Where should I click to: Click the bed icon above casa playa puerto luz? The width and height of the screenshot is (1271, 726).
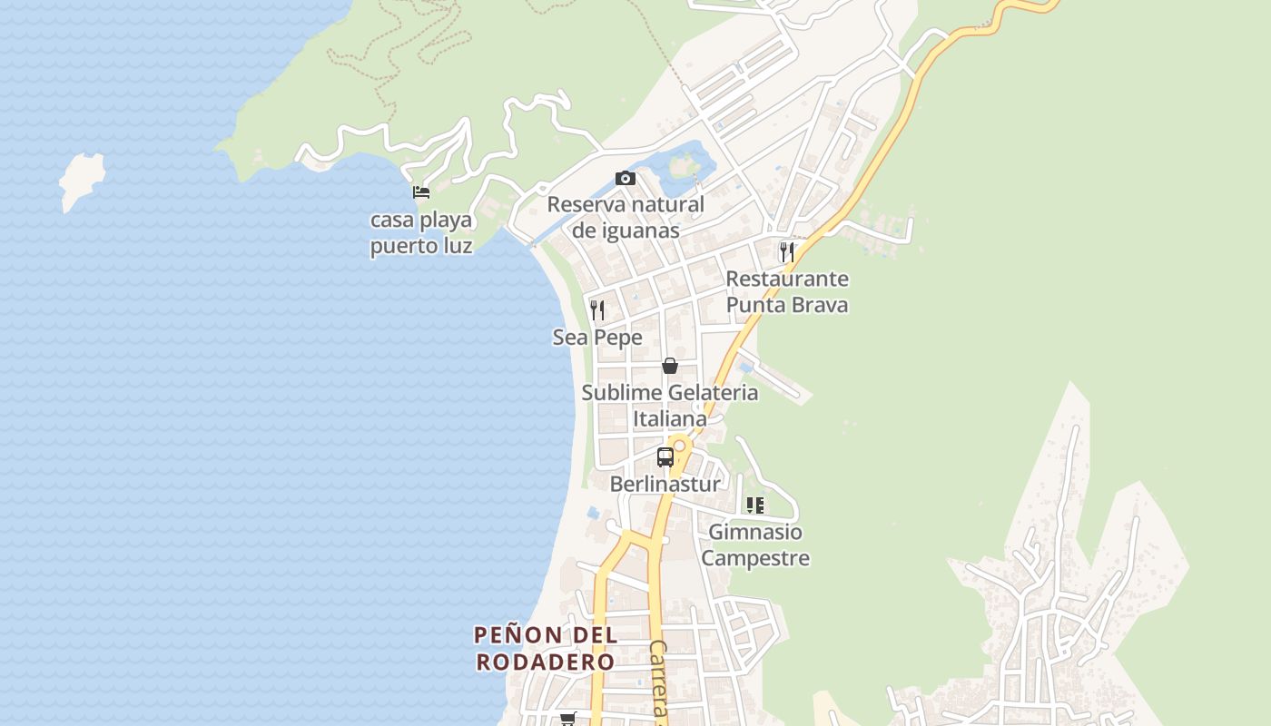[x=421, y=191]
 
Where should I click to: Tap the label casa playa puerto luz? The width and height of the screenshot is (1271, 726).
[x=421, y=233]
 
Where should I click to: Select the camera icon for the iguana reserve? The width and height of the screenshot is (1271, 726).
[x=626, y=178]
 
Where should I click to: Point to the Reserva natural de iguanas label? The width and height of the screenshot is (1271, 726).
[x=626, y=217]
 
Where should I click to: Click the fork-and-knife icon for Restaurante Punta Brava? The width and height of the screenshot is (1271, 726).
[x=787, y=251]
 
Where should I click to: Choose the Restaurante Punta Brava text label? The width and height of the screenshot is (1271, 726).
[x=787, y=291]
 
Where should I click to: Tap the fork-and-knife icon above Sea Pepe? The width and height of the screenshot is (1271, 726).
[x=597, y=310]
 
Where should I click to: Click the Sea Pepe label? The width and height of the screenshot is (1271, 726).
[x=597, y=338]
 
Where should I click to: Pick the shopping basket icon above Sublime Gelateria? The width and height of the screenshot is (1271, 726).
[x=670, y=366]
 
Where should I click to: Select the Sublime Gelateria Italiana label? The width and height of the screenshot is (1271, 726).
[x=670, y=406]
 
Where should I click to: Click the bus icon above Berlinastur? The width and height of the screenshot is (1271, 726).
[x=665, y=457]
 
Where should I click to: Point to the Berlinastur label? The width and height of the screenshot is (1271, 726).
[x=665, y=484]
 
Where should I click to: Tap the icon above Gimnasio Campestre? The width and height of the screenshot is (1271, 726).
[x=754, y=505]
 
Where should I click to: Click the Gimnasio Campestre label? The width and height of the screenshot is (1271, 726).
[x=755, y=544]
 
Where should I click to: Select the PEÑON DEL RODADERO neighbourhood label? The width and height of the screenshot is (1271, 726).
[x=546, y=648]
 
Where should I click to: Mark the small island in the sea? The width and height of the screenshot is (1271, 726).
[x=82, y=180]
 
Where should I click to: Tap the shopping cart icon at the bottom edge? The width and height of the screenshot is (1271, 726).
[x=568, y=719]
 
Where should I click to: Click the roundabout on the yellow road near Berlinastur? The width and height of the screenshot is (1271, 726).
[x=679, y=446]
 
